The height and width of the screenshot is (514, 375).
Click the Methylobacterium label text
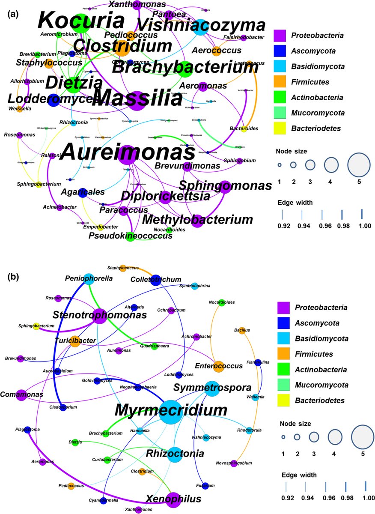(197, 220)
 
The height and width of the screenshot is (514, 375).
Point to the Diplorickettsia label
(165, 196)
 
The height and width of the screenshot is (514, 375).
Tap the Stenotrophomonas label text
(100, 315)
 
